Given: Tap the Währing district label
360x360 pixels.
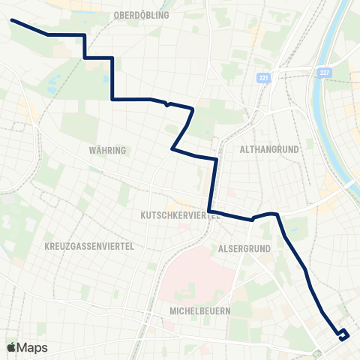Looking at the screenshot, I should coord(107,151).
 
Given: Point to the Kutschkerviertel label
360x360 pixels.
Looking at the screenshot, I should coord(180,214).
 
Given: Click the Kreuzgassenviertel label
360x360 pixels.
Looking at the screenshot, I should coord(89,246).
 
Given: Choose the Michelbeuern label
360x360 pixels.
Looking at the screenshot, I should coord(199,310).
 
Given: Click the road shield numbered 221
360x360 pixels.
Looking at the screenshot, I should coord(262,78).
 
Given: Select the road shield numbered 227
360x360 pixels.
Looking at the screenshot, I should coord(324,72).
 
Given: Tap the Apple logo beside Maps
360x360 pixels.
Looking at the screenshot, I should coord(11,347).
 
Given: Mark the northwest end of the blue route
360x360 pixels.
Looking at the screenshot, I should coord(13,20).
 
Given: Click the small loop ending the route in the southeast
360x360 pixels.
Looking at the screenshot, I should coord(343,334).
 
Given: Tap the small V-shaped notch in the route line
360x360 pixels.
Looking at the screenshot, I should coord(168,104).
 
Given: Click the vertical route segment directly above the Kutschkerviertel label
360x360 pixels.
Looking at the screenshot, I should coord(214,184).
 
